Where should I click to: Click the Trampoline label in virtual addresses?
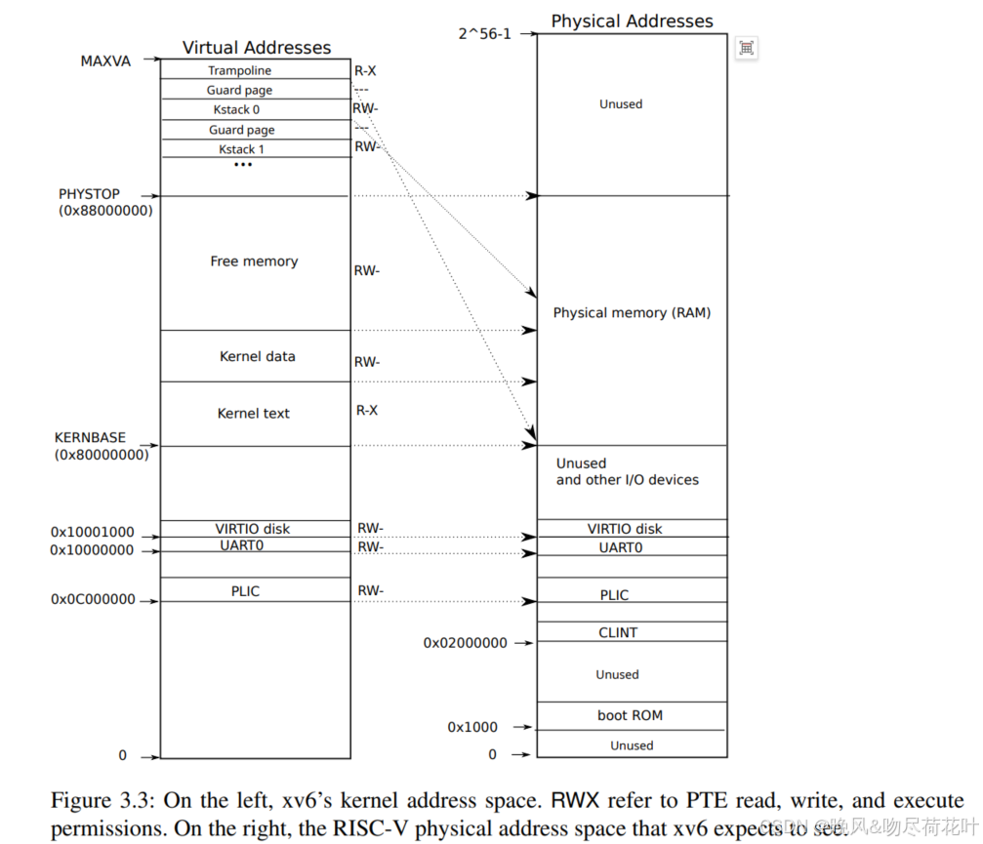239,70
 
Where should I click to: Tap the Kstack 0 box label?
236,110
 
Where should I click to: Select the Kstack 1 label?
241,149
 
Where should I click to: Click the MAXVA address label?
105,61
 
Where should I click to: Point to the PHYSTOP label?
89,194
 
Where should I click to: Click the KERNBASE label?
90,438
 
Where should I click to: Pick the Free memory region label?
254,261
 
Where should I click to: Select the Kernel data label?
257,357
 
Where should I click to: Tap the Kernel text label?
253,414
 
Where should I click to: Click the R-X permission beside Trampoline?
365,70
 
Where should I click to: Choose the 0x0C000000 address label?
93,600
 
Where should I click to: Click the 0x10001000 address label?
93,534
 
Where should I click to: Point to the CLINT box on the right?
618,632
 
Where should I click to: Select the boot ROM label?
630,715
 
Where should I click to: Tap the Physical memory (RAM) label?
632,313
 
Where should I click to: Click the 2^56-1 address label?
484,34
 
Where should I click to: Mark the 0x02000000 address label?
465,643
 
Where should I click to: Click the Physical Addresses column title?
632,21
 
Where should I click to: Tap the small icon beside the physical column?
746,49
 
